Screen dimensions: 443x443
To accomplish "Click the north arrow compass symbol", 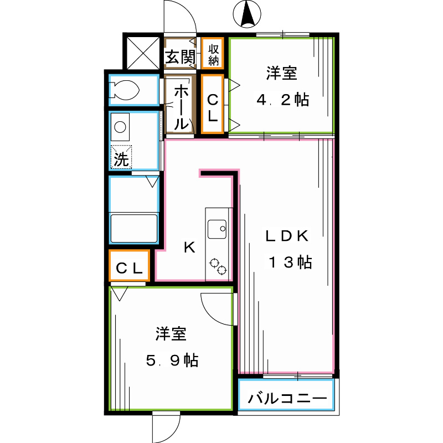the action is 247,14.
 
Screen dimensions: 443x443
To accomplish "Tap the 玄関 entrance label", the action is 181,57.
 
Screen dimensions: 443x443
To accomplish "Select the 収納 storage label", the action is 214,55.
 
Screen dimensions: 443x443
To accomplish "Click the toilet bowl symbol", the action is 123,90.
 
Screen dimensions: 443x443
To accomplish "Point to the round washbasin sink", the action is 120,127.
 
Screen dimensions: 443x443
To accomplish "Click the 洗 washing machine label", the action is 121,159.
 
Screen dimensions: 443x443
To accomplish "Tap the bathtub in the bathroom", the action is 133,229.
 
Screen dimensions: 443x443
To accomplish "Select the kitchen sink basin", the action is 217,229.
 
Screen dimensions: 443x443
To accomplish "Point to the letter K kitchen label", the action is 189,248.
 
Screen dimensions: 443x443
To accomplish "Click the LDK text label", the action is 287,236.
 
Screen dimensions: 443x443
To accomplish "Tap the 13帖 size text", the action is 290,262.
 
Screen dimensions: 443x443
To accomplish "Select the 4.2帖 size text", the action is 283,100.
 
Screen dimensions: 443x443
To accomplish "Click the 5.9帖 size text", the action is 172,360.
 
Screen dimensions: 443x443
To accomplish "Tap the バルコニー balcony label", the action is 287,398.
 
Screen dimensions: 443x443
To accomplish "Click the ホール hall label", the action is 181,107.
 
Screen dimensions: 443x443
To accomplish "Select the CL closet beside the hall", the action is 213,104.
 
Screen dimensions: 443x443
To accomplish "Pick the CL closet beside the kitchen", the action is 129,266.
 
